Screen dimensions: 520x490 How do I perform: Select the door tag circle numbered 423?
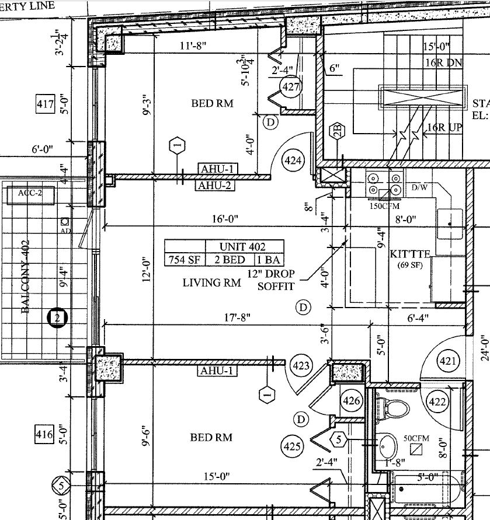coord(301,367)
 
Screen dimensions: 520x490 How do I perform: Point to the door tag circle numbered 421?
coord(448,362)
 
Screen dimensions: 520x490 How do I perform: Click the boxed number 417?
coord(44,105)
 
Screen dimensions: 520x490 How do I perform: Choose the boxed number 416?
coord(44,435)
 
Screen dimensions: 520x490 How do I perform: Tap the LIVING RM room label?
coord(212,283)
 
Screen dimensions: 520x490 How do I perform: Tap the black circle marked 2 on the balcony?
coord(57,318)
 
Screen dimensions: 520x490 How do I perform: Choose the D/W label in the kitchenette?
coord(420,188)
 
